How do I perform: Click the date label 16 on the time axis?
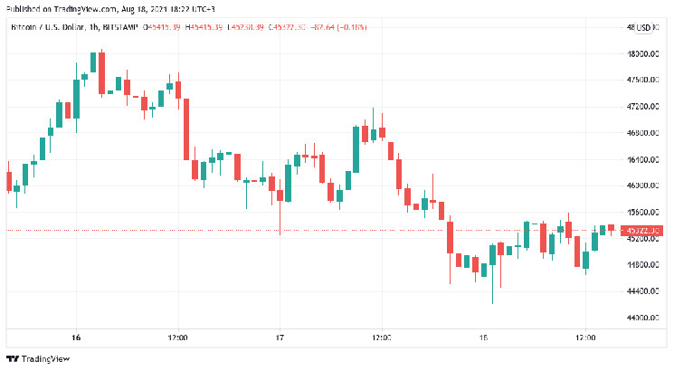click(x=76, y=337)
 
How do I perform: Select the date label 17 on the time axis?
click(x=280, y=337)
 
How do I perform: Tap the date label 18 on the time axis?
click(x=483, y=337)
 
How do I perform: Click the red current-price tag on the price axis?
click(x=642, y=231)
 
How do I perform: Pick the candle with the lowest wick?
click(x=492, y=271)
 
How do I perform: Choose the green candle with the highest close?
click(x=93, y=63)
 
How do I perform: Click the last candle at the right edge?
click(x=612, y=228)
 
